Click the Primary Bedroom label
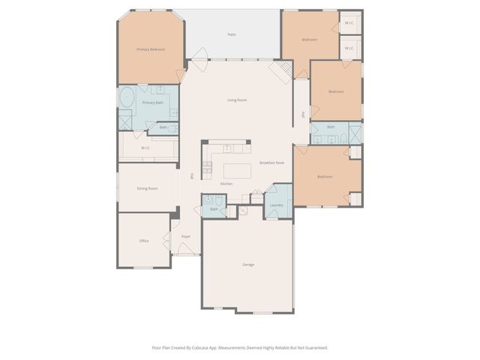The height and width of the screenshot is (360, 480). (151, 49)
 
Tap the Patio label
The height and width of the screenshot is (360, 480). (232, 34)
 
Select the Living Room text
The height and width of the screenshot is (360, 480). (237, 100)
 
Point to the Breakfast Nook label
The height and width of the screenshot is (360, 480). (271, 163)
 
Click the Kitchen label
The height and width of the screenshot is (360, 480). (226, 184)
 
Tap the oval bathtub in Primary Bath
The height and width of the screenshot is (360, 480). (126, 97)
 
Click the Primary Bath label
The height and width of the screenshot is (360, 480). (153, 102)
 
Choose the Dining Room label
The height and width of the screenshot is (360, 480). (147, 188)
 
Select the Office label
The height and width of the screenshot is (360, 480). (144, 241)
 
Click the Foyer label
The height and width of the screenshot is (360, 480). (185, 236)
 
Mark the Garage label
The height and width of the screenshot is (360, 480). (247, 265)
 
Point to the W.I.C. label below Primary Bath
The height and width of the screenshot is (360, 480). (145, 148)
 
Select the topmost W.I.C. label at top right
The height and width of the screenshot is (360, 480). (349, 23)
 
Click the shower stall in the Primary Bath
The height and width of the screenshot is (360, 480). (125, 119)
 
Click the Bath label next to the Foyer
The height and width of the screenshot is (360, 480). (214, 209)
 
